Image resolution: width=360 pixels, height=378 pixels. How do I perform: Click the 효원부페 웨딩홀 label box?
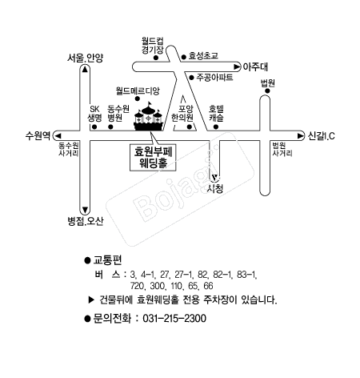153,158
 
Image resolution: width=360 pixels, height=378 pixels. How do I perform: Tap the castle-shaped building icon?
148,117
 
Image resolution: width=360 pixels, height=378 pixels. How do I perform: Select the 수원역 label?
38,135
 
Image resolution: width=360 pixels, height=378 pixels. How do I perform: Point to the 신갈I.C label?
321,136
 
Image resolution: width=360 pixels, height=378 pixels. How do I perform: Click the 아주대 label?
255,66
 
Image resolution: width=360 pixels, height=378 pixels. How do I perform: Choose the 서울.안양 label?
85,58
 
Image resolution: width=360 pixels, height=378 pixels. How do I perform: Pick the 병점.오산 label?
86,221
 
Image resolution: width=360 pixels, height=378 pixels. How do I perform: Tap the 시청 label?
215,189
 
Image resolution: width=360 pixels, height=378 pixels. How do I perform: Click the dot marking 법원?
267,91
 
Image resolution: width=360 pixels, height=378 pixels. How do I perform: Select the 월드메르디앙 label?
138,90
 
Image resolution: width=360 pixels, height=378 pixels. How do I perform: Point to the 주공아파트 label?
214,78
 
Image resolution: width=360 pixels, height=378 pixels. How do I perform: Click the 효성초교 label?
203,56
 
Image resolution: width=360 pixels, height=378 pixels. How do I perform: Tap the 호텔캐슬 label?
216,113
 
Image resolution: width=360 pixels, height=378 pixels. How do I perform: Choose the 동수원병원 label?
118,113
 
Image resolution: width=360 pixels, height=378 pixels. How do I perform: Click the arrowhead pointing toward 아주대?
237,66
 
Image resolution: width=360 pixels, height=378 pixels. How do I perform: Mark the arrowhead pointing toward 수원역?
58,136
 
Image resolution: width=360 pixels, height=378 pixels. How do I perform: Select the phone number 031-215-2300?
174,319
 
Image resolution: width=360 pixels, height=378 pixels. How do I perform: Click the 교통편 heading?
107,260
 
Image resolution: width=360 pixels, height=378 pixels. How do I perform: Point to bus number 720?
138,286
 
